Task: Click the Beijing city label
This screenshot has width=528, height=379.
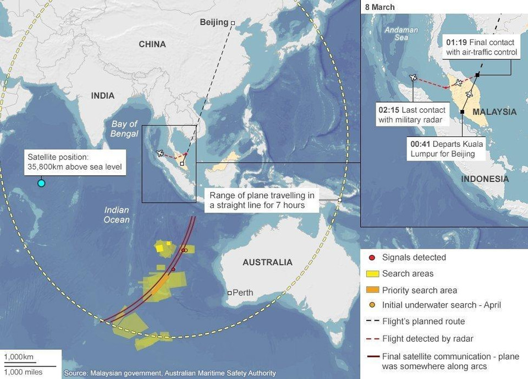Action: (x=213, y=22)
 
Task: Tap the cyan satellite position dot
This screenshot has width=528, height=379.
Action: (x=41, y=183)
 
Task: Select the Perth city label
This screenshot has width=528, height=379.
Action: (x=243, y=293)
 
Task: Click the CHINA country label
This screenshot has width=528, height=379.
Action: (x=152, y=44)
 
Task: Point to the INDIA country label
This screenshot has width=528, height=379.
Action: (x=103, y=96)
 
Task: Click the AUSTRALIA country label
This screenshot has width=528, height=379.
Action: (x=267, y=262)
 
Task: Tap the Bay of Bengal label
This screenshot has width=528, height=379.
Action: (x=124, y=129)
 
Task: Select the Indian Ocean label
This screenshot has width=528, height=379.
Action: (x=117, y=215)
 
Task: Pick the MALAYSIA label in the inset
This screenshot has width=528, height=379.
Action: (x=494, y=112)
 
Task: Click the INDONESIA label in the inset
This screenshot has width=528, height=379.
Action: (x=485, y=179)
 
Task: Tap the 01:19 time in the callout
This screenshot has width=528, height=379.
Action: (x=457, y=42)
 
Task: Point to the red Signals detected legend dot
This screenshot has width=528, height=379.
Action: (x=372, y=257)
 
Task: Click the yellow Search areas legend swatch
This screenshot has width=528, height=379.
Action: (x=372, y=273)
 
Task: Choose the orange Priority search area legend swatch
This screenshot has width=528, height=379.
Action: (x=372, y=290)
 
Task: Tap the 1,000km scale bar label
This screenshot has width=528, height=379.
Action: (x=19, y=358)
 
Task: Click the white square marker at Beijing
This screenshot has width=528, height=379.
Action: (x=233, y=23)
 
